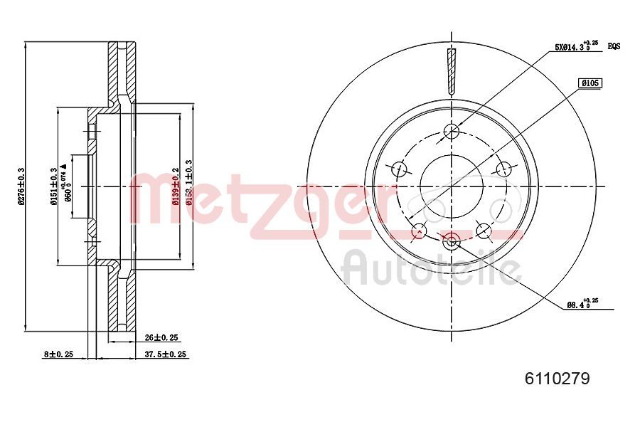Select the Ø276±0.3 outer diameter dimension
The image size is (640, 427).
point(22,186)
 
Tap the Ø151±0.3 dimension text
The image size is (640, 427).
point(54,186)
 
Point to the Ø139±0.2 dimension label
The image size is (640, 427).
point(175,186)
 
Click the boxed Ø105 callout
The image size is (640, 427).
point(590,83)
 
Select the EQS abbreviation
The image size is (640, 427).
point(614,46)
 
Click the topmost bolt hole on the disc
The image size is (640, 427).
point(452,131)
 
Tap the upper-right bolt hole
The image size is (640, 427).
point(504,169)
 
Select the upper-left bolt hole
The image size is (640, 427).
point(399,169)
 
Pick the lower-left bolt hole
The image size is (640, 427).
point(419,231)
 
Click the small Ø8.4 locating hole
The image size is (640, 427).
point(451,243)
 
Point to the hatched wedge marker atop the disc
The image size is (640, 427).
point(452,71)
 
